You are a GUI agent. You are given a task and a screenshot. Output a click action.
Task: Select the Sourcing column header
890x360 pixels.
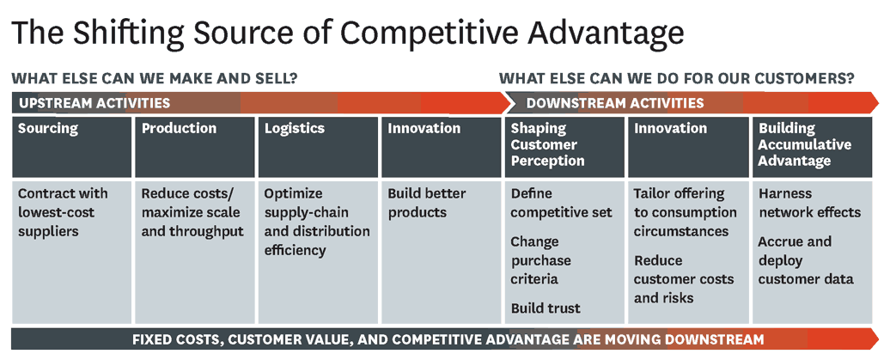(48, 128)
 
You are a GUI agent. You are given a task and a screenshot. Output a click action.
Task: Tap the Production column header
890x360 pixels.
(179, 128)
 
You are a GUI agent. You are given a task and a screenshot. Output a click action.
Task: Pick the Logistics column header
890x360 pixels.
(295, 128)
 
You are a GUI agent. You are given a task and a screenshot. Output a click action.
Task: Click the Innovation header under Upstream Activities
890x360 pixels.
(424, 128)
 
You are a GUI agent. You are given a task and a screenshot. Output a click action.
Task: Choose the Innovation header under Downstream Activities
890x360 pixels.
(670, 128)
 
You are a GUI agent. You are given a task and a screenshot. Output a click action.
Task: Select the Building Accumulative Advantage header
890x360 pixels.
(805, 144)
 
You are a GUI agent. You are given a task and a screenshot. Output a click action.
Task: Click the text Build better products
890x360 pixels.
(426, 203)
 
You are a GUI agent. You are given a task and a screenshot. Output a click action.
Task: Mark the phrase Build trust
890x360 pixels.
(546, 308)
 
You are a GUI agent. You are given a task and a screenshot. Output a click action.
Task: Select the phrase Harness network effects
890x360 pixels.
(809, 203)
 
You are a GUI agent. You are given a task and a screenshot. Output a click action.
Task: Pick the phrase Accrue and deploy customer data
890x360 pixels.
(806, 260)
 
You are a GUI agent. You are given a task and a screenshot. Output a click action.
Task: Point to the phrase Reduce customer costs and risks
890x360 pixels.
(684, 278)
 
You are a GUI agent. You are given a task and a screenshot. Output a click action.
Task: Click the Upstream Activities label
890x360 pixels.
(94, 103)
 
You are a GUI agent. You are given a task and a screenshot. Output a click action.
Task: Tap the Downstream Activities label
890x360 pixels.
(615, 103)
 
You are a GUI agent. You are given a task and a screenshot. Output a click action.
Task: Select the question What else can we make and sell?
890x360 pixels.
(155, 78)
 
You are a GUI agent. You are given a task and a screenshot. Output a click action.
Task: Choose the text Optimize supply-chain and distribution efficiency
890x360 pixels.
(317, 222)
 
